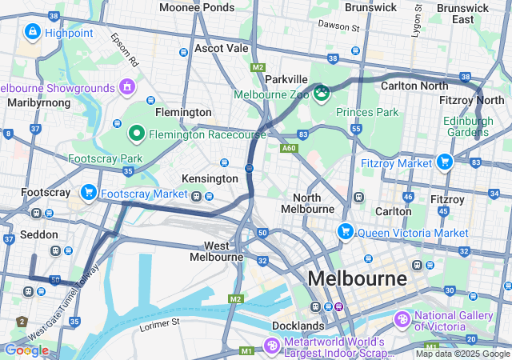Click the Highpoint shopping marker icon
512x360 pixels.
33,33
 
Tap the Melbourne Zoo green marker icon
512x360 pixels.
322,94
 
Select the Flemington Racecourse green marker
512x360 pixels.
137,134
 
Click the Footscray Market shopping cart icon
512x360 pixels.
88,193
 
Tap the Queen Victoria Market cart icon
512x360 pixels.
346,232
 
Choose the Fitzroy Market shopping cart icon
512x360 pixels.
445,162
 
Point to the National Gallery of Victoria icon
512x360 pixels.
402,320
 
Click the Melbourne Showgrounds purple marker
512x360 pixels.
126,86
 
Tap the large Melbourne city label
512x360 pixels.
357,278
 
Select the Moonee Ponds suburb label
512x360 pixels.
196,7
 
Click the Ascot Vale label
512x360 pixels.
221,48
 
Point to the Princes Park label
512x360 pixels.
367,112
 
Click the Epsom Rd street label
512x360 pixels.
126,50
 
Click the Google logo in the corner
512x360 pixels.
26,350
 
